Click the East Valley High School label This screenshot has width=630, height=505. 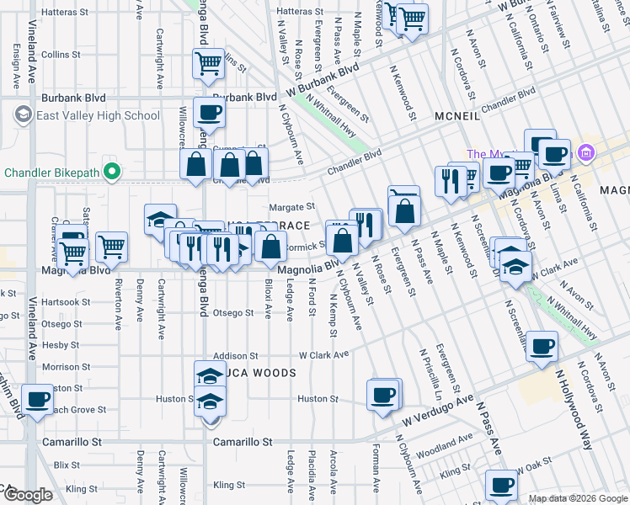(x=98, y=115)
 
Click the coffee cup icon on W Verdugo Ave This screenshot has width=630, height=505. (x=383, y=395)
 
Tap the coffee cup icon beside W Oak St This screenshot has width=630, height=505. (x=501, y=485)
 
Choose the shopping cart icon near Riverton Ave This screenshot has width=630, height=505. (x=111, y=247)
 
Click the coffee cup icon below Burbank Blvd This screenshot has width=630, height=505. (x=208, y=112)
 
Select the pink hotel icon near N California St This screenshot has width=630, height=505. (x=587, y=153)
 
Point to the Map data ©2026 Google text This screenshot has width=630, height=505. (x=577, y=498)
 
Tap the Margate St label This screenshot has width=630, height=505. (x=291, y=206)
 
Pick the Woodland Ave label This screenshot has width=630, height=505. (x=443, y=444)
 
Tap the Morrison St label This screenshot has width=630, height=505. (x=61, y=367)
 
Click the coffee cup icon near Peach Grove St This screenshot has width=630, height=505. (x=36, y=400)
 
